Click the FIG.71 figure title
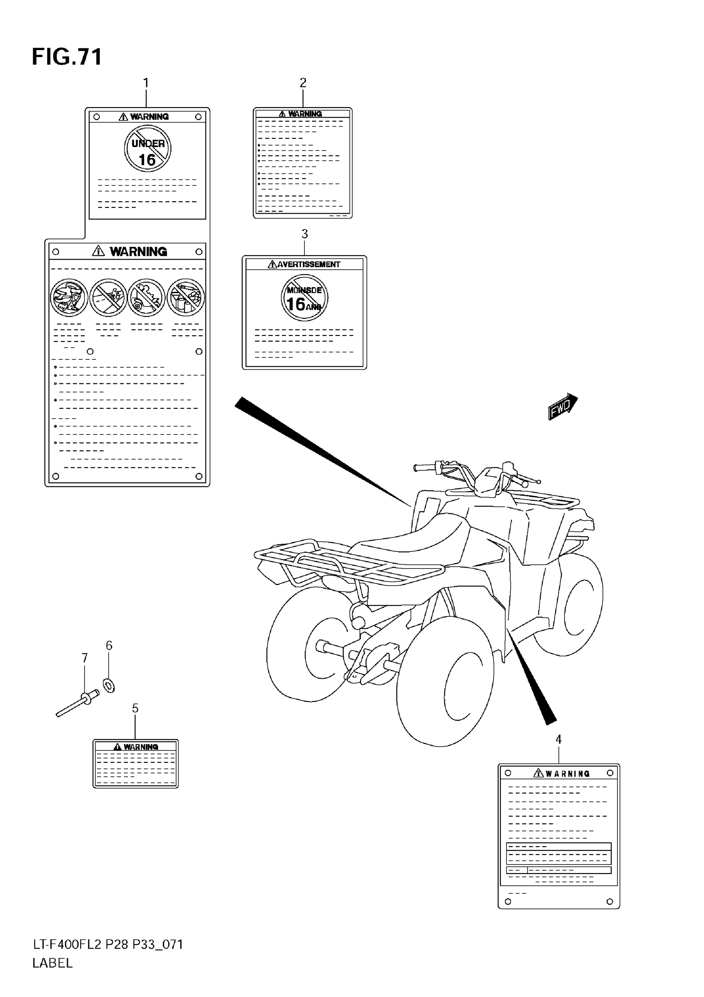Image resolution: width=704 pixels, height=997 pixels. click(67, 57)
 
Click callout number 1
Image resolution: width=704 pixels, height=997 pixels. click(146, 82)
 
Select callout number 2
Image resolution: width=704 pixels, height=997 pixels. click(303, 82)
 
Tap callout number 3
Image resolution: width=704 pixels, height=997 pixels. click(304, 234)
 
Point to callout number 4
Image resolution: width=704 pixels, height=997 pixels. click(559, 739)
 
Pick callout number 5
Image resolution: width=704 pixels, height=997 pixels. click(135, 709)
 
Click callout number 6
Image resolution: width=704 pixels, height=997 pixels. click(109, 646)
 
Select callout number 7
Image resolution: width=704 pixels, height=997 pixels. click(85, 658)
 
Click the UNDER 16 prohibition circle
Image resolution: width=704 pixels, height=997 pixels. click(148, 149)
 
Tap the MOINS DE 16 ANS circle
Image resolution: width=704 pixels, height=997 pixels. click(304, 298)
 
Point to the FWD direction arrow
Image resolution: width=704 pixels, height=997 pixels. click(562, 407)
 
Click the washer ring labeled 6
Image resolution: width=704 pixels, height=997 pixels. click(109, 686)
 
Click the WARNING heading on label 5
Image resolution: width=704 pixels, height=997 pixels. click(140, 747)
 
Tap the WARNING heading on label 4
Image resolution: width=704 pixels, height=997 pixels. click(567, 773)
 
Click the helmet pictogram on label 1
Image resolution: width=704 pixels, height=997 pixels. click(69, 297)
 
